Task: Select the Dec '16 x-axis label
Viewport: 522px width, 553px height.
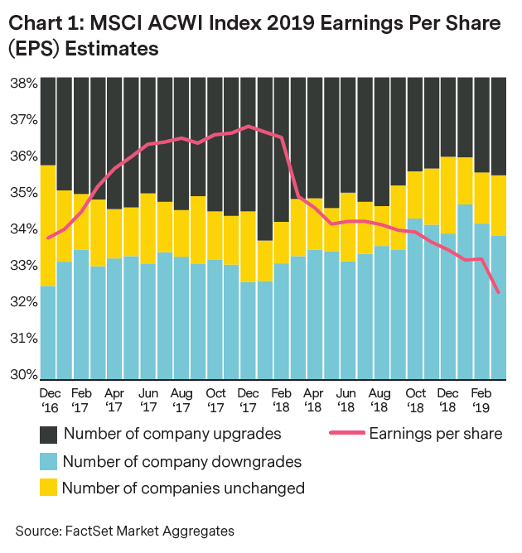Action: tap(50, 400)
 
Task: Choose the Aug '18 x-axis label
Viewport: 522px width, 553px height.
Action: tap(379, 400)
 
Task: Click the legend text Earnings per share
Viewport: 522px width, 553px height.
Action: tap(435, 433)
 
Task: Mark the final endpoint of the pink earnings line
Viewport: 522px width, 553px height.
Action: tap(497, 291)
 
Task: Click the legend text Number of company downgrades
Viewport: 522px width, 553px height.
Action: tap(182, 461)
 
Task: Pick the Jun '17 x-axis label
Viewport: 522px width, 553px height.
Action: tap(149, 400)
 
